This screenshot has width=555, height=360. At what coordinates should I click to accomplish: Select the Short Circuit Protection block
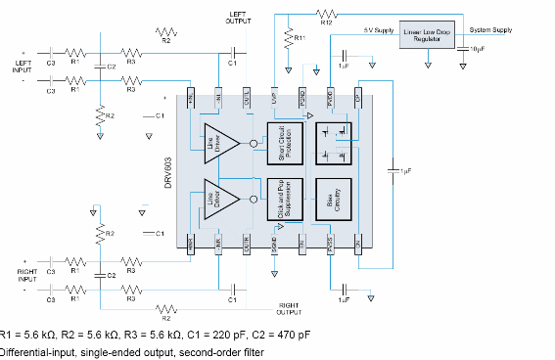point(285,144)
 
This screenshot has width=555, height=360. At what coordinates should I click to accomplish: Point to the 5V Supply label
point(378,30)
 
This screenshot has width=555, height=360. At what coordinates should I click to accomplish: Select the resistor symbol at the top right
point(326,15)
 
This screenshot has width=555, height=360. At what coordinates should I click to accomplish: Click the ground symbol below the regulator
point(430,67)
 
